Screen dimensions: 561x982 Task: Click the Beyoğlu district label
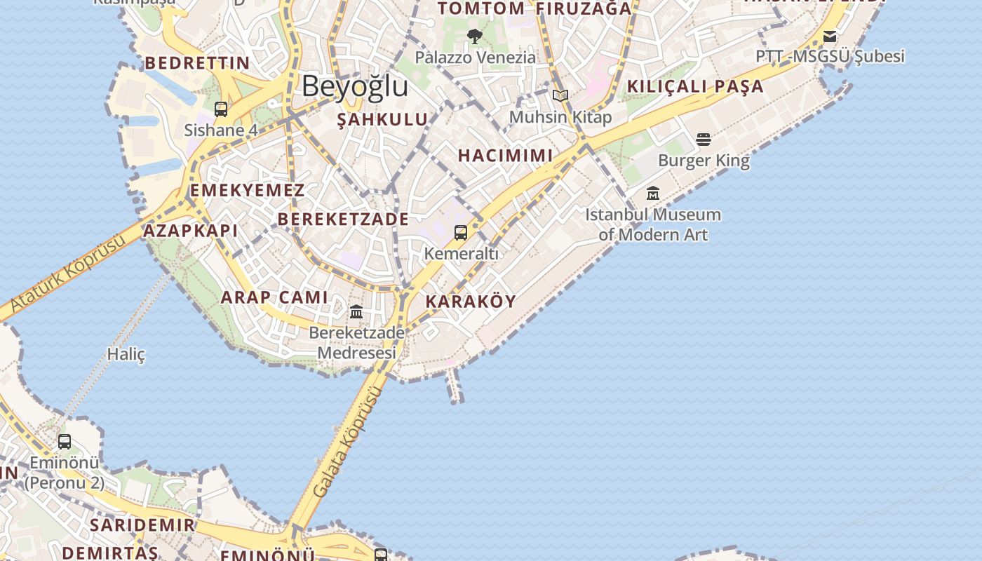355,86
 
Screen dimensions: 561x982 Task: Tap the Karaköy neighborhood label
471,302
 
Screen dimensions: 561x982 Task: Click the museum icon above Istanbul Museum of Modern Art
653,193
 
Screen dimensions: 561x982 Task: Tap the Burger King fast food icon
704,140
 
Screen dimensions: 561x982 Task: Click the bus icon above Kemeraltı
461,233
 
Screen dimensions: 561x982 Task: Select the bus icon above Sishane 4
221,109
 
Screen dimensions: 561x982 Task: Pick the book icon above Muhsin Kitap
560,96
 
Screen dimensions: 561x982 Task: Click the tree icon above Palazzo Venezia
475,36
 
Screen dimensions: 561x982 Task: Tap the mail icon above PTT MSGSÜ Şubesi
830,36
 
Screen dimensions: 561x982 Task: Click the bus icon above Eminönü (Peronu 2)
65,442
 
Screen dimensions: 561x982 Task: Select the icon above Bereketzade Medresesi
356,311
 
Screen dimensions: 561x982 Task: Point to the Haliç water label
126,354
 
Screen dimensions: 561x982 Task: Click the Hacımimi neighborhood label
505,156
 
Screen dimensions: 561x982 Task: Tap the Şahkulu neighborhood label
382,119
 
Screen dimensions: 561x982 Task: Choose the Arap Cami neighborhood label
274,297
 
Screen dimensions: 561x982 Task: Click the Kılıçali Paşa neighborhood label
694,87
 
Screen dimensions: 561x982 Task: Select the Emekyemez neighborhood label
248,191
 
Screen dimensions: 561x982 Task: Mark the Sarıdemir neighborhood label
142,525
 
